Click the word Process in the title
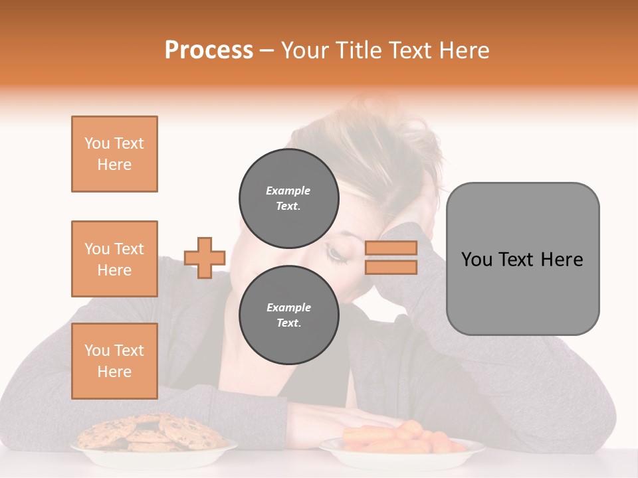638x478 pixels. point(209,50)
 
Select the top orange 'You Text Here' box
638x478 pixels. point(114,154)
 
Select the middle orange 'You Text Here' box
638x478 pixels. point(114,259)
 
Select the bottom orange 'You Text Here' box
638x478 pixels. point(114,361)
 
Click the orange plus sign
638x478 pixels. point(205,258)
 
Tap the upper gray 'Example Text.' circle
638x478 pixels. point(288,199)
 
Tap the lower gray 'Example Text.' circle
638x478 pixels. point(288,315)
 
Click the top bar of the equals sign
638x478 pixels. point(391,248)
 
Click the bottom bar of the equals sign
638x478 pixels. point(391,267)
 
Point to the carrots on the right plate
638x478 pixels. point(399,437)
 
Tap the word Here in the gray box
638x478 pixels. point(562,260)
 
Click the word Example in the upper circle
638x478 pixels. point(288,191)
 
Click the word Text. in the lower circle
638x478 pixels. point(288,323)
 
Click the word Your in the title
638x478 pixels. point(304,50)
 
